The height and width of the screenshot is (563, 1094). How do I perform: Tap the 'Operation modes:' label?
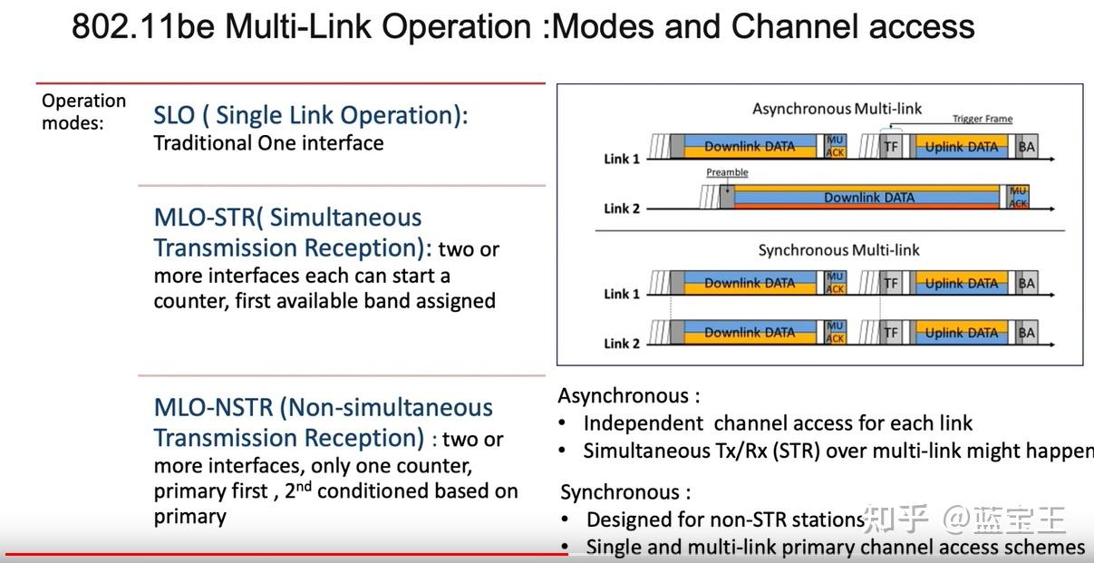83,112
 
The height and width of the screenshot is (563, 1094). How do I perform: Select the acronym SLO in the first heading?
174,115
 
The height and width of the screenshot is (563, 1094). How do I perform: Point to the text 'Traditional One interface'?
268,143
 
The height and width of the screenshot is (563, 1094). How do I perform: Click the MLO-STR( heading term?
208,218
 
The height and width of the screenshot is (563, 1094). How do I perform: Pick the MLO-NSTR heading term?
214,408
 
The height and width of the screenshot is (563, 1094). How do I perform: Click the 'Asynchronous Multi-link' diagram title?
837,109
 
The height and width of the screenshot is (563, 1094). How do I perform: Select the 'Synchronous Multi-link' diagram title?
838,249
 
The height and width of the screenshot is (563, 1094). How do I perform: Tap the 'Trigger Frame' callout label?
982,119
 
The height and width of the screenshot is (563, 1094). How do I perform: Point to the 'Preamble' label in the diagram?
727,172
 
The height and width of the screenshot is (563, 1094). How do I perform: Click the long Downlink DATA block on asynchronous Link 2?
868,198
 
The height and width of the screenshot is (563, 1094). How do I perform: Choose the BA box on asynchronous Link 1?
1026,147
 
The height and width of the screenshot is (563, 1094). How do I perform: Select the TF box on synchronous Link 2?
891,333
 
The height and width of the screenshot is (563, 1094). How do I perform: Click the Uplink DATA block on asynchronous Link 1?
961,147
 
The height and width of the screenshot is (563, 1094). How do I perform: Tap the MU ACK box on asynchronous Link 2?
1019,197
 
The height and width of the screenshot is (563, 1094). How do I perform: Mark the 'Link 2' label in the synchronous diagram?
622,344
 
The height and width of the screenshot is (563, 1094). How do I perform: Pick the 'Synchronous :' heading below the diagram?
625,492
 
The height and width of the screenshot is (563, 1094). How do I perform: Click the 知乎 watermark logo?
895,519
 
